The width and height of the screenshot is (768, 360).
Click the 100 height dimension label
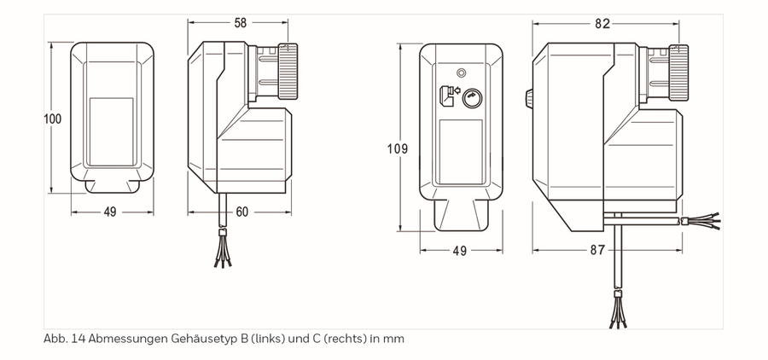(x=52, y=119)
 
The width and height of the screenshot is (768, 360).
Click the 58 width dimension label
(x=240, y=22)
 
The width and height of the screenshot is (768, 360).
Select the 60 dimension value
(x=241, y=212)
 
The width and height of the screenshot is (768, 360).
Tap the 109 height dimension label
(x=397, y=148)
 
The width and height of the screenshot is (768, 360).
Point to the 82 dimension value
(x=602, y=24)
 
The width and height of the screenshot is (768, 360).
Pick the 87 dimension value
(x=597, y=250)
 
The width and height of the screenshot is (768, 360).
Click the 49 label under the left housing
(x=110, y=212)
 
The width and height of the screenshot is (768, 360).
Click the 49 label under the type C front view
(x=459, y=250)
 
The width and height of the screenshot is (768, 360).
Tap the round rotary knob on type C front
(x=472, y=98)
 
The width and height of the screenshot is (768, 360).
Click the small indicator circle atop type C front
(x=461, y=73)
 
